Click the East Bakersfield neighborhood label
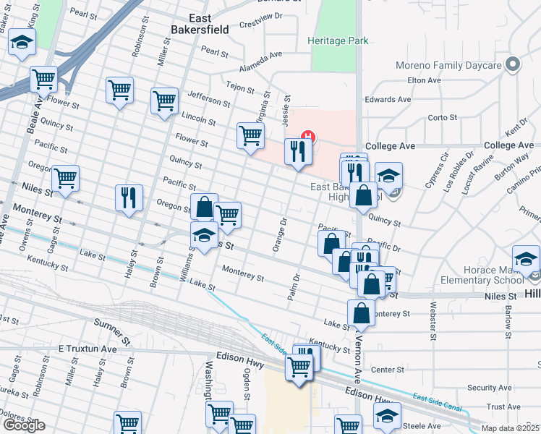[199, 23]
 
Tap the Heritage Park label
[338, 41]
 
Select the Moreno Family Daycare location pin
[514, 65]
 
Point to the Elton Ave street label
[425, 81]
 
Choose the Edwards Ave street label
[388, 99]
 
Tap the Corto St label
[443, 117]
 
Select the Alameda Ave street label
[261, 56]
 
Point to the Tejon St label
[240, 88]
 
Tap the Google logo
[24, 425]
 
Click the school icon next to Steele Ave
[387, 415]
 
